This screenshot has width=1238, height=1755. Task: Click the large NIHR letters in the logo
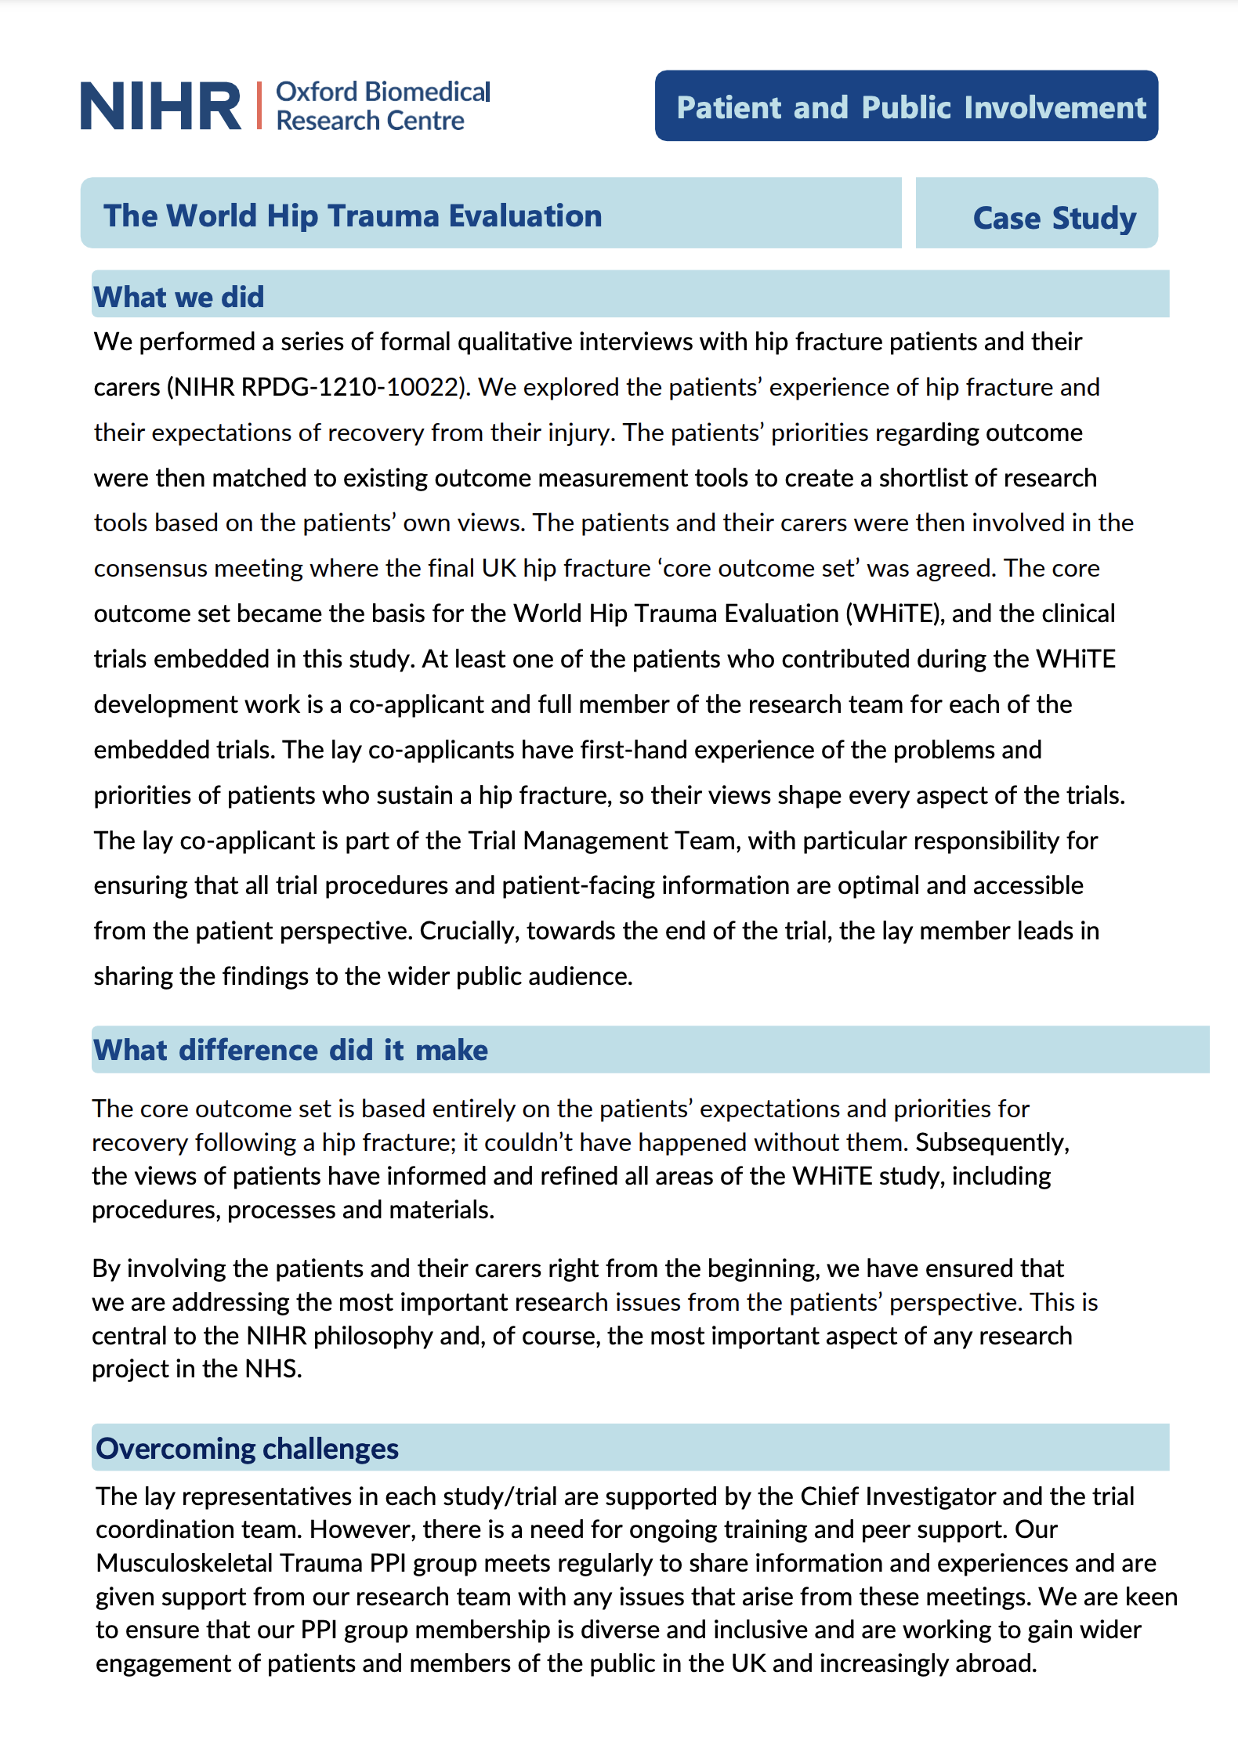click(161, 106)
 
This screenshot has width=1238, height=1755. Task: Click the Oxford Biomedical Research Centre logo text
click(382, 106)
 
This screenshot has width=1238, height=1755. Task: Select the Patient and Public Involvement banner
click(907, 107)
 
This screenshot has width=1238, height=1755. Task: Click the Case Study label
click(1054, 218)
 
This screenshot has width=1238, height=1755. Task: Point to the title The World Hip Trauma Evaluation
click(353, 215)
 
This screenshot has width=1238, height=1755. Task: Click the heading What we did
click(179, 297)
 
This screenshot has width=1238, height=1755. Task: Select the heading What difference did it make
click(290, 1050)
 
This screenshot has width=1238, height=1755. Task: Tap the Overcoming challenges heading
click(248, 1449)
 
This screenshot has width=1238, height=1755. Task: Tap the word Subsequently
click(992, 1142)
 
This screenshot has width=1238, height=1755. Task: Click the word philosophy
click(372, 1335)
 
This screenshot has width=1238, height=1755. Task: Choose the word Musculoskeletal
click(184, 1562)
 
